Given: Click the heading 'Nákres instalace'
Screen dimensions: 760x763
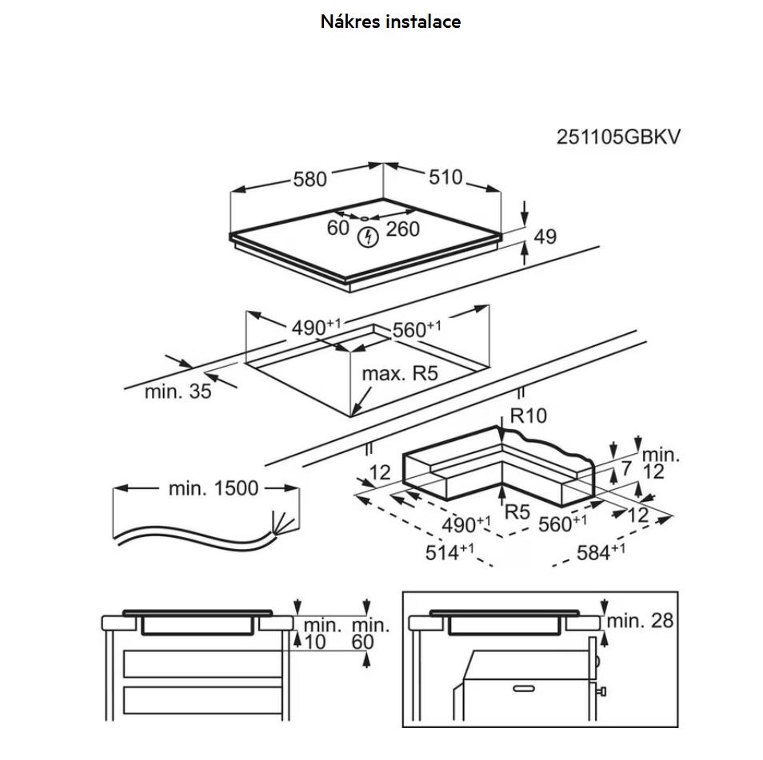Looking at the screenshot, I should [x=390, y=22].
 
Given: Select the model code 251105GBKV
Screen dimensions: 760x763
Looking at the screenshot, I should [x=618, y=137].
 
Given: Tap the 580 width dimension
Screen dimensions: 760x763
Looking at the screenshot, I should [x=310, y=179].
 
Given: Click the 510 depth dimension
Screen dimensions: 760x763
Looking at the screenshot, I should [x=445, y=177].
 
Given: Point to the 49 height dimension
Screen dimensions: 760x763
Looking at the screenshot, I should [x=545, y=237].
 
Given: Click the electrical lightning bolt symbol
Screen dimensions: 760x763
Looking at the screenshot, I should [x=368, y=237].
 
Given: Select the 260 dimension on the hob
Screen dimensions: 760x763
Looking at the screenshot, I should [x=402, y=229].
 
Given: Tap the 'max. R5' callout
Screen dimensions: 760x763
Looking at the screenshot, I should [x=400, y=373].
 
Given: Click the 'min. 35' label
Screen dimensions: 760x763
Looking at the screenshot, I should [x=178, y=392].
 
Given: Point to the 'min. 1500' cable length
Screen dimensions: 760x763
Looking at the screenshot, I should [x=214, y=487].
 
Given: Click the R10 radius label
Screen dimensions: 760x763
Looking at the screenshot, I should [x=528, y=416].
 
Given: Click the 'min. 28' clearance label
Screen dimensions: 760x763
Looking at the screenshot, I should [x=640, y=620].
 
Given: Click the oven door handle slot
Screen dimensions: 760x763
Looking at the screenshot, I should [x=525, y=686].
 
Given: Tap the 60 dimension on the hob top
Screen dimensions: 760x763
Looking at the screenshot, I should [x=338, y=228].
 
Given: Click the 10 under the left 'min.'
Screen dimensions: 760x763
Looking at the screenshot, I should [x=316, y=642].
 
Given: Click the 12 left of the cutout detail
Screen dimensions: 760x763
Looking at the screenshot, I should [x=380, y=472].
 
